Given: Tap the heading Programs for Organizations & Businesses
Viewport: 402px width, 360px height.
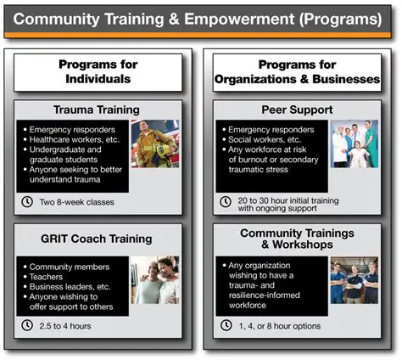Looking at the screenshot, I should click(296, 71).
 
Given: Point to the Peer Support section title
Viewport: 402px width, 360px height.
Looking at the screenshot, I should click(296, 110).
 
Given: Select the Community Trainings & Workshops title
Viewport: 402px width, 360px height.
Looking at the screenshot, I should click(296, 238).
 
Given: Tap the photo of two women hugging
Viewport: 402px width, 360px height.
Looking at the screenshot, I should click(154, 279).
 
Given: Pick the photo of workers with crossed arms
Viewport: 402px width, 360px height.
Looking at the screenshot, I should click(354, 279).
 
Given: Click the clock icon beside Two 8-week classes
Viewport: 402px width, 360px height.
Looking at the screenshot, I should click(27, 202).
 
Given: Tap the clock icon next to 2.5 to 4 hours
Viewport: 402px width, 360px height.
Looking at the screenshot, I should click(27, 325).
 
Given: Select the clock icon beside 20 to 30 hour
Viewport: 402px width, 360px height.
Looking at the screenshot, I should click(225, 202).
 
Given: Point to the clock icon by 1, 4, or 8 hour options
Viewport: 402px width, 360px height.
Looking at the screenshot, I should click(225, 325).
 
